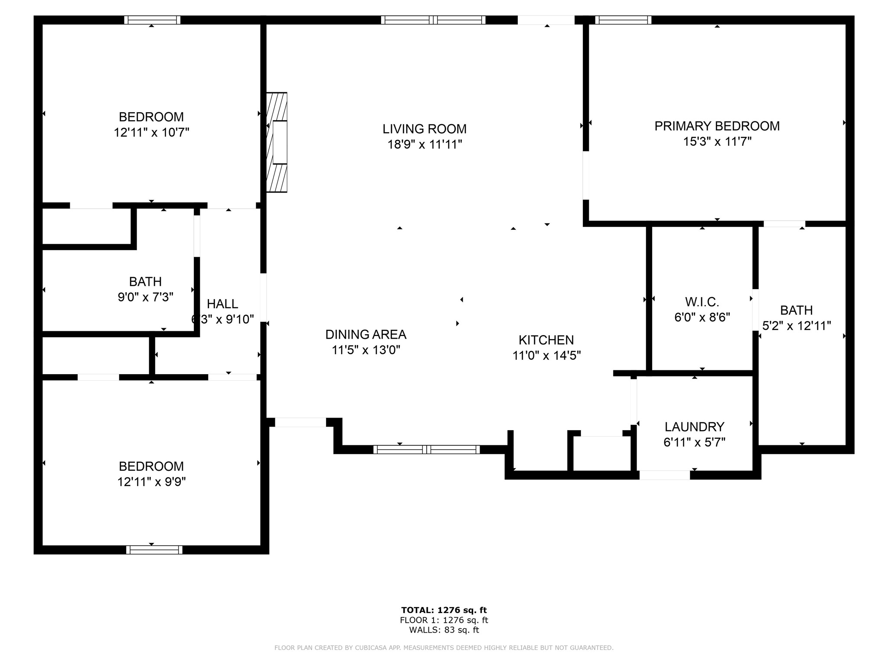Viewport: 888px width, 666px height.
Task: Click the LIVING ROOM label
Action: point(424,129)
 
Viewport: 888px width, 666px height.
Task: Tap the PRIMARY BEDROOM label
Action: point(717,126)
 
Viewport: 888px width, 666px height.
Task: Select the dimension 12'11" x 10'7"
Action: point(151,132)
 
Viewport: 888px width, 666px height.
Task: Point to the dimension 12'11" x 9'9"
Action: point(151,482)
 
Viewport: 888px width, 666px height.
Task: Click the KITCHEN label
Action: point(546,340)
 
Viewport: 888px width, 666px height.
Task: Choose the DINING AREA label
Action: point(366,334)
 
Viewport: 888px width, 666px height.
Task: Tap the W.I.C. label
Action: point(702,302)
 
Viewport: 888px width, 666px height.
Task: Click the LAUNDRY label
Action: point(695,427)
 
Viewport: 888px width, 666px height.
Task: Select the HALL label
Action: point(222,304)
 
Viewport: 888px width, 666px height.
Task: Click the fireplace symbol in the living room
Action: point(277,142)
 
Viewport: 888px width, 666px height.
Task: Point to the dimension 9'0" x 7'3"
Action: point(146,297)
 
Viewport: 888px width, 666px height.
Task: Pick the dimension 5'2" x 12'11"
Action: point(797,326)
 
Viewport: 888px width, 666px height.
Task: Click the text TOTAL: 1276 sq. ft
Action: point(444,610)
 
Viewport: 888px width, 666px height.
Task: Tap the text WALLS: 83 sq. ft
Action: point(444,630)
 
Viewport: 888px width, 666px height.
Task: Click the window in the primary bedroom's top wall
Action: point(623,20)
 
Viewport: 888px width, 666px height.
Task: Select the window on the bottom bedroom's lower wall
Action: point(154,550)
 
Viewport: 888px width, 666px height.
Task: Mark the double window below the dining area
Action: point(427,450)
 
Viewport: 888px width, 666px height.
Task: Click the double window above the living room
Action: point(433,20)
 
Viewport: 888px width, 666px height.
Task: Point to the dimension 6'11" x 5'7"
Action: point(695,442)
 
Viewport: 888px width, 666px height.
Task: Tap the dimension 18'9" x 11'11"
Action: point(425,144)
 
